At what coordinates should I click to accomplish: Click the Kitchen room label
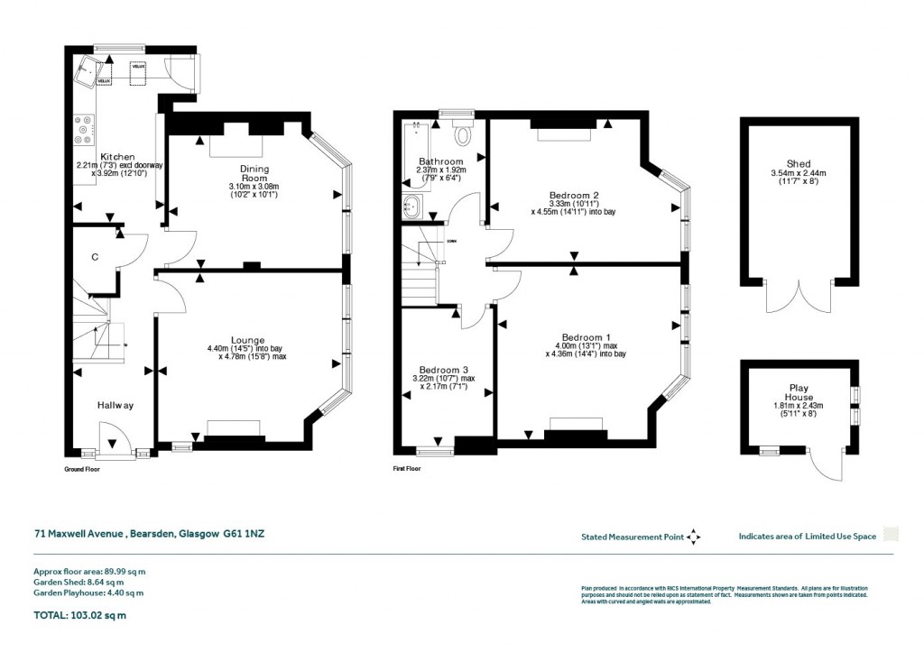[x=117, y=157]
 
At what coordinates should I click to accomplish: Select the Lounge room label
[x=249, y=340]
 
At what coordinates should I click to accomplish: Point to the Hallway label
[x=115, y=406]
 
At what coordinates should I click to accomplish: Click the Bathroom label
[x=440, y=162]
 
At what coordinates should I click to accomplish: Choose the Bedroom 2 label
[x=575, y=195]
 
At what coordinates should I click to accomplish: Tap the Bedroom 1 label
[x=586, y=336]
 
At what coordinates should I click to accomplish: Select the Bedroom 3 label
[x=444, y=371]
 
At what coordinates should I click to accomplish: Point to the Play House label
[x=799, y=392]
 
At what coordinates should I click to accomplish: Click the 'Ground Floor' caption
[x=82, y=470]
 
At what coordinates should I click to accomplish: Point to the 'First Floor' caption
[x=407, y=470]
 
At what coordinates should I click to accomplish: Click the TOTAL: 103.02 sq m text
[x=79, y=616]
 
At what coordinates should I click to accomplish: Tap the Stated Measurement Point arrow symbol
[x=693, y=537]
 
